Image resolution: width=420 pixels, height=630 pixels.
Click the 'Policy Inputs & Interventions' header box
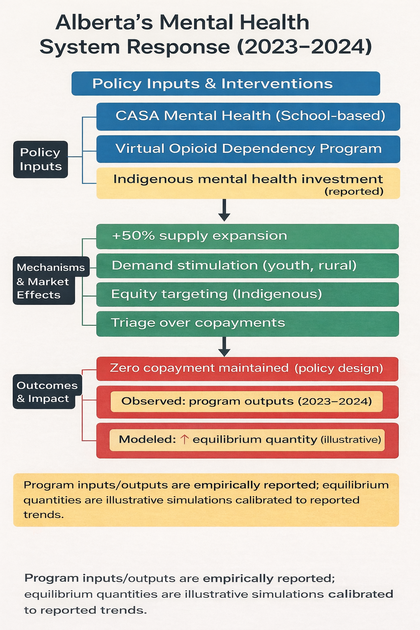click(x=226, y=84)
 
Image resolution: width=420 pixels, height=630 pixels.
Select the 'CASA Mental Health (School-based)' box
click(x=248, y=116)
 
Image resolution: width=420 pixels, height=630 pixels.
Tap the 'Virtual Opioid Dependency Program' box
click(x=248, y=149)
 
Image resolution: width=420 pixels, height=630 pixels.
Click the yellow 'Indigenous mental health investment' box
click(x=248, y=183)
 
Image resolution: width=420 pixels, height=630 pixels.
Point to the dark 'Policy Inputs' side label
click(x=41, y=160)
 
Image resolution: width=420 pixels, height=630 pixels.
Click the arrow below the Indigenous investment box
click(x=224, y=210)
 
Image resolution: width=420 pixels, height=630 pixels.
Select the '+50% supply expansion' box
click(x=247, y=236)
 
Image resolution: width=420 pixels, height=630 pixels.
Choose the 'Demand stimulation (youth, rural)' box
click(x=247, y=266)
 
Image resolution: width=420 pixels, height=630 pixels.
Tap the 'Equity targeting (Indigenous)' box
click(x=247, y=294)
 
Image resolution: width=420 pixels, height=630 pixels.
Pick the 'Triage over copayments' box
click(x=247, y=324)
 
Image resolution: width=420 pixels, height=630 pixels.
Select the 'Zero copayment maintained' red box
click(x=247, y=369)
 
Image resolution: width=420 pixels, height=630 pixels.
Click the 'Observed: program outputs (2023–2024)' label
click(x=247, y=401)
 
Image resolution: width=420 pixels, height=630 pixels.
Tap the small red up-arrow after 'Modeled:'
click(x=185, y=440)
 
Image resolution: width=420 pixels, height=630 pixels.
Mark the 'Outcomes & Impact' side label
click(x=47, y=392)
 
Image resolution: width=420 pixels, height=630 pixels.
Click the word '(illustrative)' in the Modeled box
click(x=351, y=440)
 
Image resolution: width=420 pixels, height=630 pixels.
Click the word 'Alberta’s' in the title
click(x=104, y=23)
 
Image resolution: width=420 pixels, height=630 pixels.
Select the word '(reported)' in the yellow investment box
click(x=354, y=192)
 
